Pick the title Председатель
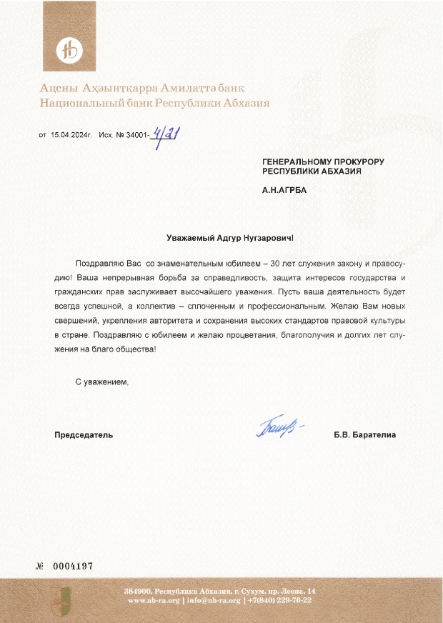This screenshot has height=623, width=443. (84, 434)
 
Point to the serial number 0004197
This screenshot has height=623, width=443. (73, 566)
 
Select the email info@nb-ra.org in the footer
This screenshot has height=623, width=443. (214, 600)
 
